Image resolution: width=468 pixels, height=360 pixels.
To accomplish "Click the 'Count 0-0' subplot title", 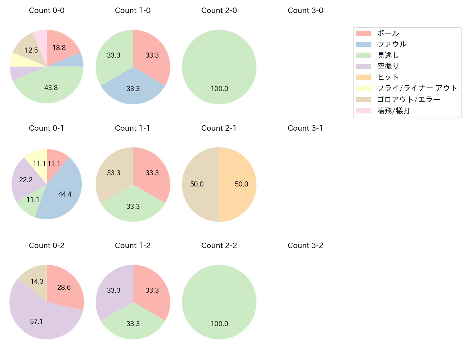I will [x=46, y=10].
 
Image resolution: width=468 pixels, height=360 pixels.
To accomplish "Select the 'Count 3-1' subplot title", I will [x=305, y=128].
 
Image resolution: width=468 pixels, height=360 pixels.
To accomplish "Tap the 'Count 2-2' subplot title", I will [x=219, y=246].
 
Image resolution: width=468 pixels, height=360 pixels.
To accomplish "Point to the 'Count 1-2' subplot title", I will [x=132, y=246].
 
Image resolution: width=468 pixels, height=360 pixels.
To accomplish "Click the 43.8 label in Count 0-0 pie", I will [x=51, y=88].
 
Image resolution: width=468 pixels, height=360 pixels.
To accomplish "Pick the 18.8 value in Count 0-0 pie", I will [x=59, y=48].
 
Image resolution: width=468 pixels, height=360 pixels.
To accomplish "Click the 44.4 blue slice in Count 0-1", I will [x=65, y=194].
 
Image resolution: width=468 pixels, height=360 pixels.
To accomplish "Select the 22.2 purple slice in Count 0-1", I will [x=26, y=180].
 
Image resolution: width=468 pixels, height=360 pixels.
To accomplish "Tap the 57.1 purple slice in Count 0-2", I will [x=37, y=321].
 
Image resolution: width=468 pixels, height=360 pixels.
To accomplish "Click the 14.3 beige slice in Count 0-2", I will [x=37, y=281].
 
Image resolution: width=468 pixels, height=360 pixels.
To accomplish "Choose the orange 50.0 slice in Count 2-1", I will [x=241, y=184].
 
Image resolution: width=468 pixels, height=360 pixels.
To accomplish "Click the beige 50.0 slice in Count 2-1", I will [x=197, y=184].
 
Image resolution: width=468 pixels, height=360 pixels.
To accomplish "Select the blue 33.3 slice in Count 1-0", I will [x=133, y=89].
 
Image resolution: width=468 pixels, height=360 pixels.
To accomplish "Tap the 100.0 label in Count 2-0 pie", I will [x=219, y=89].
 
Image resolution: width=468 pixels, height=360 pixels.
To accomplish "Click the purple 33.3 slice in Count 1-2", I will [x=114, y=291].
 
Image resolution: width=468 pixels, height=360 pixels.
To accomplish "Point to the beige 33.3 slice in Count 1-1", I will [x=114, y=173].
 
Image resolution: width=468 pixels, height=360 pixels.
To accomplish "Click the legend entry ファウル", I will [x=392, y=44].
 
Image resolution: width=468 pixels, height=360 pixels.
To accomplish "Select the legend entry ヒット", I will [x=388, y=77].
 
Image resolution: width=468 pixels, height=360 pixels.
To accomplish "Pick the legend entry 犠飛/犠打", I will [x=393, y=111].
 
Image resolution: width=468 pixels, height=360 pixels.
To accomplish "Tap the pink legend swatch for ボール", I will [x=363, y=33].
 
